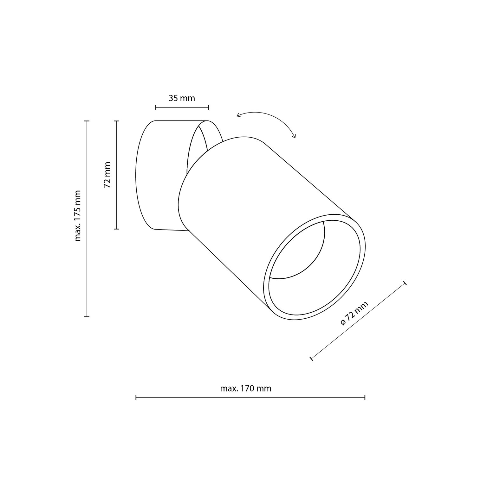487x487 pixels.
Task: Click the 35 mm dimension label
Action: pos(182,98)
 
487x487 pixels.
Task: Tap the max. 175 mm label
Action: pos(78,216)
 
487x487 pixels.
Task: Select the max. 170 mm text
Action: pos(246,388)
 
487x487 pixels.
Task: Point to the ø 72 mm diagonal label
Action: pos(354,313)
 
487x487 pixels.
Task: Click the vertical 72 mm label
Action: pos(107,175)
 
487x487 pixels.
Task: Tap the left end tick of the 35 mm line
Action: pos(155,107)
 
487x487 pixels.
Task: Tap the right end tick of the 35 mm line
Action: pos(209,107)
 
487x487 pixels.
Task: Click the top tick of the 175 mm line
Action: pos(87,121)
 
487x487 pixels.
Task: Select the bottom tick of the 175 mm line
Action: pos(87,316)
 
